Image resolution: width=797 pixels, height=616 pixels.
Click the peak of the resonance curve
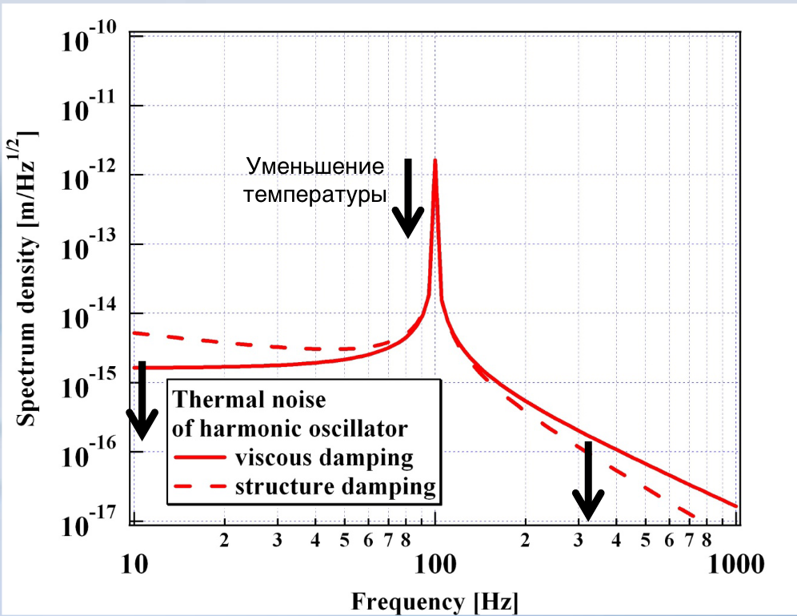[435, 160]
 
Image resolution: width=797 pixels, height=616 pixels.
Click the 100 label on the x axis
[435, 565]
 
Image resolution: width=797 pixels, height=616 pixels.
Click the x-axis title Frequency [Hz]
[435, 600]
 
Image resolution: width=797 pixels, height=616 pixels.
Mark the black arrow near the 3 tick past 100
[588, 481]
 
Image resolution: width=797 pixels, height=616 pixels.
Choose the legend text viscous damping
[324, 458]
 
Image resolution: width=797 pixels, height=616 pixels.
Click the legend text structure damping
[335, 486]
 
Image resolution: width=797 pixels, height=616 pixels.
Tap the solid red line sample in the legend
[200, 458]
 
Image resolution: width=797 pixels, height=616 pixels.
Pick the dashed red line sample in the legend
[200, 486]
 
